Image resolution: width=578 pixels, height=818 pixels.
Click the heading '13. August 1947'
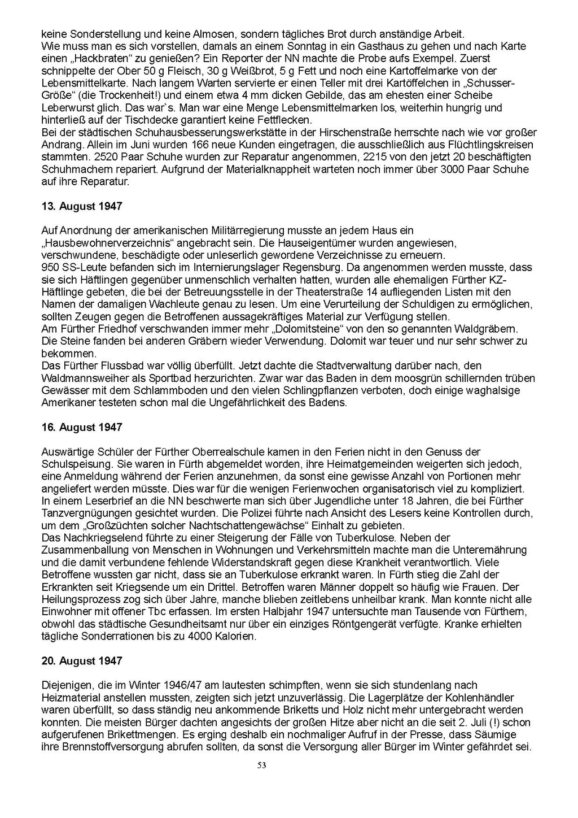pos(82,206)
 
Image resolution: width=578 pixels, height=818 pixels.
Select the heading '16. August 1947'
pos(82,427)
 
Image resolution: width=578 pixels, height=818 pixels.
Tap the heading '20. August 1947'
pos(82,660)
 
